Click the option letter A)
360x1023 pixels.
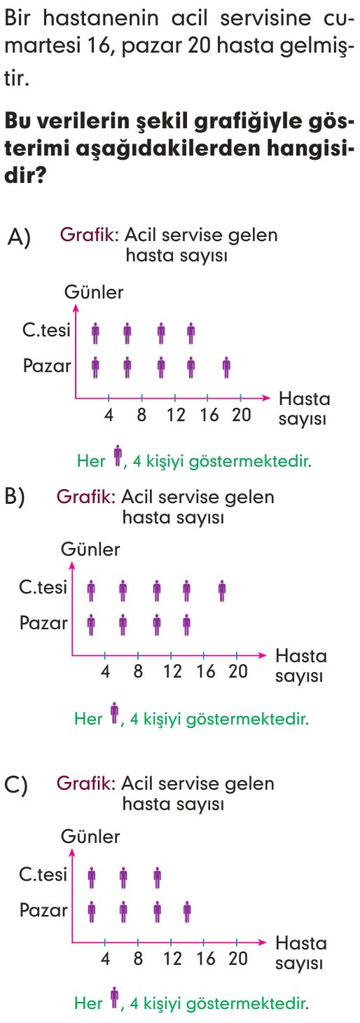pyautogui.click(x=19, y=238)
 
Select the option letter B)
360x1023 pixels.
pyautogui.click(x=15, y=497)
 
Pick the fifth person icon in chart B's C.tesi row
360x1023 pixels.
pyautogui.click(x=222, y=591)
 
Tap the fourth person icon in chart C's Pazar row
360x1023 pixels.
pyautogui.click(x=186, y=912)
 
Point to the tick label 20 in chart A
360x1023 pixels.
pyautogui.click(x=242, y=415)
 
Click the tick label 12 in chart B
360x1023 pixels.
pyautogui.click(x=172, y=671)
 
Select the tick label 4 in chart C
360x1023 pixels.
pyautogui.click(x=105, y=959)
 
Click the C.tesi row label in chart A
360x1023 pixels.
pyautogui.click(x=46, y=330)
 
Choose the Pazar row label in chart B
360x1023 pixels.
pyautogui.click(x=43, y=623)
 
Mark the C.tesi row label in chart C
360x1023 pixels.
pyautogui.click(x=43, y=874)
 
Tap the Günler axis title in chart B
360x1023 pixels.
pyautogui.click(x=90, y=549)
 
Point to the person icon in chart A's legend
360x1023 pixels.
pyautogui.click(x=118, y=455)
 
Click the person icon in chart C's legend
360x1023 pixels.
pyautogui.click(x=115, y=998)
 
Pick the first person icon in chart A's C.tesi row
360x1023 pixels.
pyautogui.click(x=95, y=334)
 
